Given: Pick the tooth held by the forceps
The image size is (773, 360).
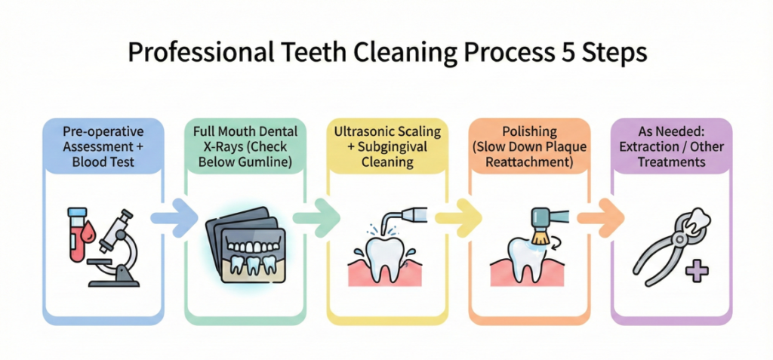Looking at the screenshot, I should coord(696,221).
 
